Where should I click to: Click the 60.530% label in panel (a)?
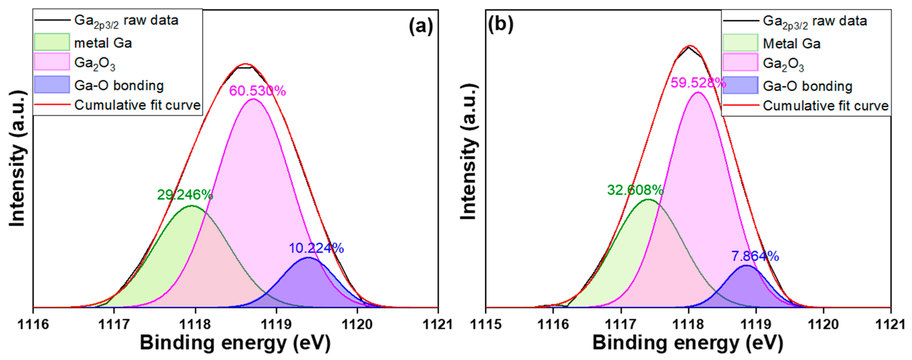[257, 91]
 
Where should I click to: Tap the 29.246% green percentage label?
[185, 195]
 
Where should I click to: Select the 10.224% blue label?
[316, 248]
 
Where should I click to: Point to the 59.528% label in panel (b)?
[698, 83]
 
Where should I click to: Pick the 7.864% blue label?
[755, 256]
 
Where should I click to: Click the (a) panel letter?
[420, 26]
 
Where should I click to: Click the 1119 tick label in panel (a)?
[276, 324]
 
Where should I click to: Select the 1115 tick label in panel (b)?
[486, 324]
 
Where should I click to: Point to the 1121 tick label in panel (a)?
[438, 324]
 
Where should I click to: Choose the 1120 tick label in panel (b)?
[823, 324]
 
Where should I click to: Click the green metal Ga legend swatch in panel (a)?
[52, 42]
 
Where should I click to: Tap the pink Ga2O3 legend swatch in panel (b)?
[740, 63]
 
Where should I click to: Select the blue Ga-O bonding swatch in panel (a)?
[52, 85]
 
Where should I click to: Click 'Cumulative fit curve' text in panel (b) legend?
[825, 106]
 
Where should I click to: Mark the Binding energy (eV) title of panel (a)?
[235, 343]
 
